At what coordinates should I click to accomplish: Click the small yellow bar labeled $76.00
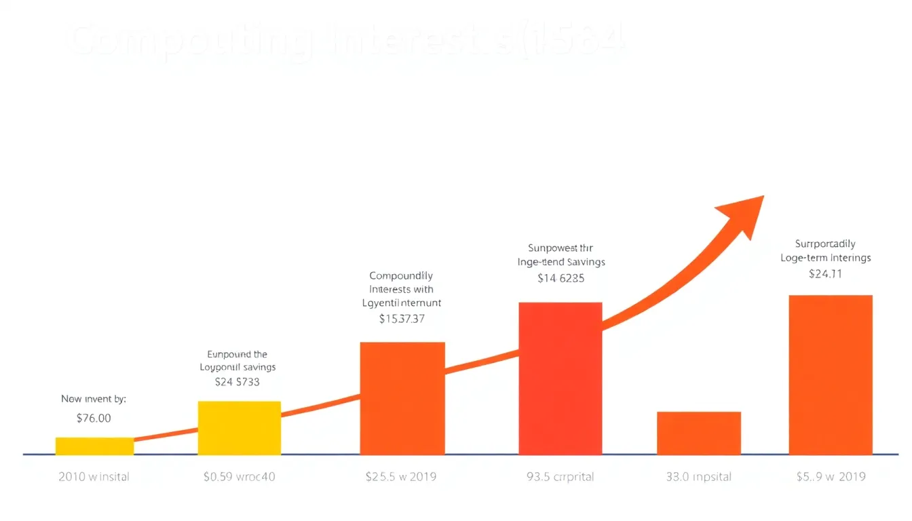94,446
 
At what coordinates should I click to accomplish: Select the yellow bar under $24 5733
239,427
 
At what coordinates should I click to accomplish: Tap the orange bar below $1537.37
402,398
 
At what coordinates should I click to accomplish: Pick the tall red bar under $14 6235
560,379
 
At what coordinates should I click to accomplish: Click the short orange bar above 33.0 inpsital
699,433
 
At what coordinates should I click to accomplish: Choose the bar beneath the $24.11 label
831,374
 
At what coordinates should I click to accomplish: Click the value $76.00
94,419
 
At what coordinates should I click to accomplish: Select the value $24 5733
237,382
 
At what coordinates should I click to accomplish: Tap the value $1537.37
402,318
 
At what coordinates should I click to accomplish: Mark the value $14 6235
560,277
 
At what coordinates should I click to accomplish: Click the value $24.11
826,274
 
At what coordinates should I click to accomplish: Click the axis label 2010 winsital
94,477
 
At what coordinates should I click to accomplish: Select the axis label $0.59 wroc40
240,477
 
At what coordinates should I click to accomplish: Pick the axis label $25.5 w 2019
401,477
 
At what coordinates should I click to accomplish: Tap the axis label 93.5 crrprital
560,477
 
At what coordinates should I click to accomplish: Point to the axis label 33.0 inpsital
698,477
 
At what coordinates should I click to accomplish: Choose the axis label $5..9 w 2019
831,477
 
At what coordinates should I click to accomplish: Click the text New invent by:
94,399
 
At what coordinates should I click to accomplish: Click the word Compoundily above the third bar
401,276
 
